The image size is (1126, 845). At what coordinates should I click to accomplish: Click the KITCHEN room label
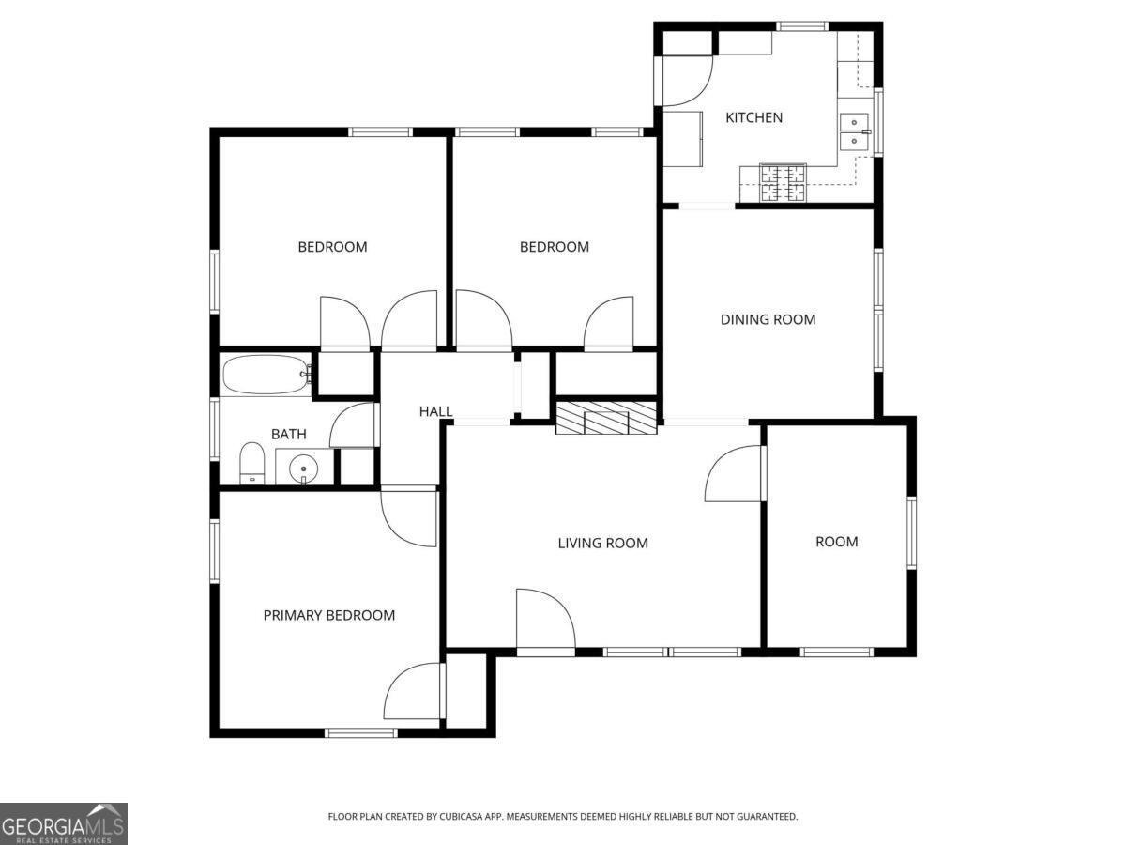753,117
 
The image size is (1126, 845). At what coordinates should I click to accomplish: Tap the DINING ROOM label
768,319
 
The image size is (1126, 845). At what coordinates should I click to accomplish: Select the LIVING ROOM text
602,543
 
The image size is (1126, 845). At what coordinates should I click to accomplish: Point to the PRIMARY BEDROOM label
328,615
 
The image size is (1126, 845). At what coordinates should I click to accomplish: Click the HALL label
435,411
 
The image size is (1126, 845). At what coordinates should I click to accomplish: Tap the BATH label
289,434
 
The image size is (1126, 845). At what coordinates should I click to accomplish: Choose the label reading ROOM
836,542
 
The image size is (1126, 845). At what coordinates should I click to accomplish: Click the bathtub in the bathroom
266,374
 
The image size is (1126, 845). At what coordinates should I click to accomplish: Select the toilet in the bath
251,463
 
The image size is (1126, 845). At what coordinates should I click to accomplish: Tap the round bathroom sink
303,468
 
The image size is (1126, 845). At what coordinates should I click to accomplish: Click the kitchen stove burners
783,182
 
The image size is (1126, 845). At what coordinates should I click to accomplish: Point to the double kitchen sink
854,131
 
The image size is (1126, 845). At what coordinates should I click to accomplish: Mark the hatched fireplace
606,418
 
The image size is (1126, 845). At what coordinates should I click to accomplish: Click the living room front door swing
545,619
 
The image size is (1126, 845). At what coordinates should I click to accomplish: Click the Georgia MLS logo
63,824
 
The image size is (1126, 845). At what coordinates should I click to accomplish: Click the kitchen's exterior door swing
685,81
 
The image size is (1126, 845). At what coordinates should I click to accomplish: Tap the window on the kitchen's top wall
801,26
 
